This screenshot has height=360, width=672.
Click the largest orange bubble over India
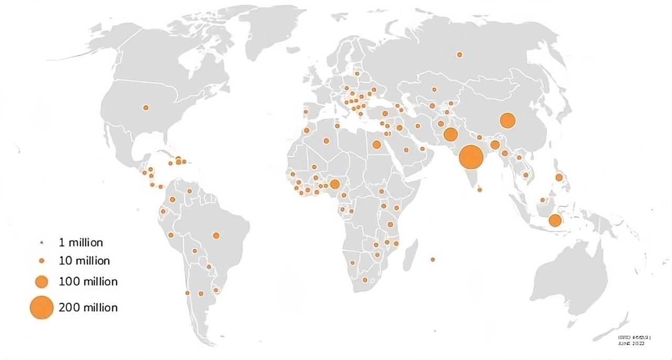(x=471, y=156)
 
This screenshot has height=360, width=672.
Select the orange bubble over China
(x=507, y=121)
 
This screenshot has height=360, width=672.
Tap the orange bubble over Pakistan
(x=450, y=134)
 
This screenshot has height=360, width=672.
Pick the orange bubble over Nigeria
(x=334, y=184)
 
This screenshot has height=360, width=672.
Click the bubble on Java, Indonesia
(x=555, y=220)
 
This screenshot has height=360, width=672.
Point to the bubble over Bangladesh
(x=495, y=144)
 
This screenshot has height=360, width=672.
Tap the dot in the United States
(x=145, y=108)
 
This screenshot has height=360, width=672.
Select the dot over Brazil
(x=216, y=236)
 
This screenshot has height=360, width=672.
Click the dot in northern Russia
(x=459, y=55)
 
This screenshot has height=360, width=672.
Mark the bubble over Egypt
(x=376, y=144)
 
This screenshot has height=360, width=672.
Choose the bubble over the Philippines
(x=559, y=177)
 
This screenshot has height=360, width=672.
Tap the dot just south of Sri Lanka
(x=479, y=190)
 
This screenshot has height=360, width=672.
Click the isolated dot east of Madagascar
(x=433, y=259)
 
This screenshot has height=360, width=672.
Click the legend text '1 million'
(x=81, y=243)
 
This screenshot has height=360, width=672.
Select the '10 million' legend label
(x=84, y=261)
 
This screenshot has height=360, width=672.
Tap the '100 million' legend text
(x=88, y=282)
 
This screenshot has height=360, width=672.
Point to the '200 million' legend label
(x=88, y=308)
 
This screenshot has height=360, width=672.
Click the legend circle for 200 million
(x=41, y=308)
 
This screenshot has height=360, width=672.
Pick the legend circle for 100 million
(x=41, y=282)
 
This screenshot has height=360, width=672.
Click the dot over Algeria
(x=326, y=141)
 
